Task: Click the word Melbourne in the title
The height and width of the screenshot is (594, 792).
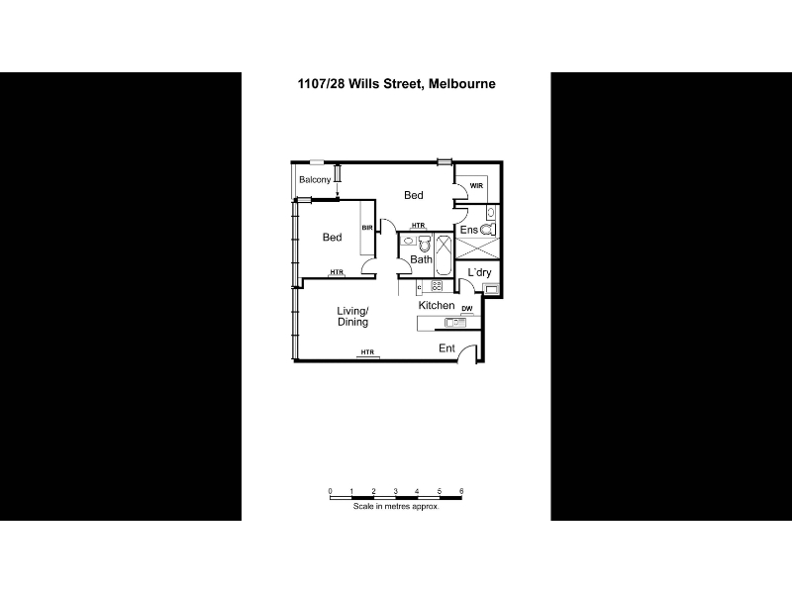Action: pyautogui.click(x=461, y=84)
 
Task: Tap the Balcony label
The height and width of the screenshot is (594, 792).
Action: pyautogui.click(x=315, y=180)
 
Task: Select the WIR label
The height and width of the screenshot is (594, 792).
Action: pyautogui.click(x=476, y=186)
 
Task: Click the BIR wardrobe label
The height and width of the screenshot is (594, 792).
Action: pyautogui.click(x=367, y=228)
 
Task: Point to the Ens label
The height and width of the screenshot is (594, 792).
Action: pyautogui.click(x=468, y=230)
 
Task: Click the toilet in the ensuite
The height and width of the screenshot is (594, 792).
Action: pyautogui.click(x=487, y=230)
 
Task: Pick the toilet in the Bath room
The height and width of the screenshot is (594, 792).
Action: pyautogui.click(x=425, y=245)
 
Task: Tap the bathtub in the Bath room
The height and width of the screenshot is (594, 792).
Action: pyautogui.click(x=444, y=254)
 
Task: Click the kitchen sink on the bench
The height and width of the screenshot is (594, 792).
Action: pyautogui.click(x=455, y=323)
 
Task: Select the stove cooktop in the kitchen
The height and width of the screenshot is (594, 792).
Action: pyautogui.click(x=437, y=286)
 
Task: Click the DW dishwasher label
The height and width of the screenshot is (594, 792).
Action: pyautogui.click(x=467, y=309)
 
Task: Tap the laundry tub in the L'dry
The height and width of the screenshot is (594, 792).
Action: pyautogui.click(x=491, y=289)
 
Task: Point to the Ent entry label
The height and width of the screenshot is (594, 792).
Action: pyautogui.click(x=447, y=348)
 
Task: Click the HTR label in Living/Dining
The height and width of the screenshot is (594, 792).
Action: pyautogui.click(x=367, y=352)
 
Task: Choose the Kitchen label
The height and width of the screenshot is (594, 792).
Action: pyautogui.click(x=437, y=306)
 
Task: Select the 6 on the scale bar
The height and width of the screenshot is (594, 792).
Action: pyautogui.click(x=461, y=491)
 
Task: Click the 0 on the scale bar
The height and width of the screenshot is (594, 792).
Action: pyautogui.click(x=331, y=491)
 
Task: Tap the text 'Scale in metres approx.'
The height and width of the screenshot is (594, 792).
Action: pyautogui.click(x=396, y=506)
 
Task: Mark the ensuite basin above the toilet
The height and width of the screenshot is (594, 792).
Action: pyautogui.click(x=490, y=212)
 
